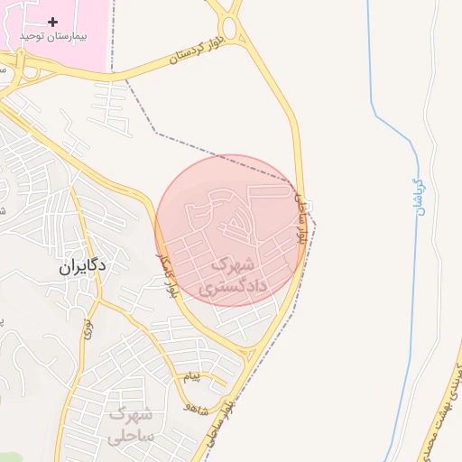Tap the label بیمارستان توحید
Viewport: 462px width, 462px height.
coord(51,37)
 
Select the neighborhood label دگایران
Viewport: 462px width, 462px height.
coord(82,265)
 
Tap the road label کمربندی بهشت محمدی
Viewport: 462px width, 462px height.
coord(438,402)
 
